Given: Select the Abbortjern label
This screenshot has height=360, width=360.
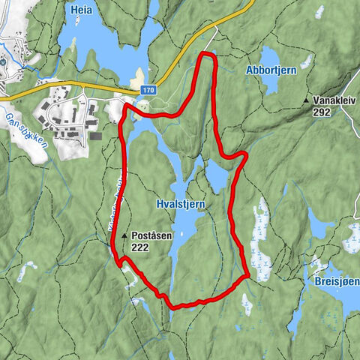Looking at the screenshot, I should [x=271, y=70].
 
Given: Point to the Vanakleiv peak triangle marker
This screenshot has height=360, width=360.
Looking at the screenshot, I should [x=307, y=100].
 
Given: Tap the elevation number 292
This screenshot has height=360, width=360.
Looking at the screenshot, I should [x=322, y=112].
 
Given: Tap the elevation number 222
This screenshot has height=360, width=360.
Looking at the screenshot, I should [x=139, y=247].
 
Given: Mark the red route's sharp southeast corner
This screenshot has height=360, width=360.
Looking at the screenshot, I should [x=247, y=275].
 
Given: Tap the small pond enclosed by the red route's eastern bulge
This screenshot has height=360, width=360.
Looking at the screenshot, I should [x=216, y=177].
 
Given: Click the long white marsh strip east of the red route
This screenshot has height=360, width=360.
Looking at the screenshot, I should [x=262, y=225].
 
